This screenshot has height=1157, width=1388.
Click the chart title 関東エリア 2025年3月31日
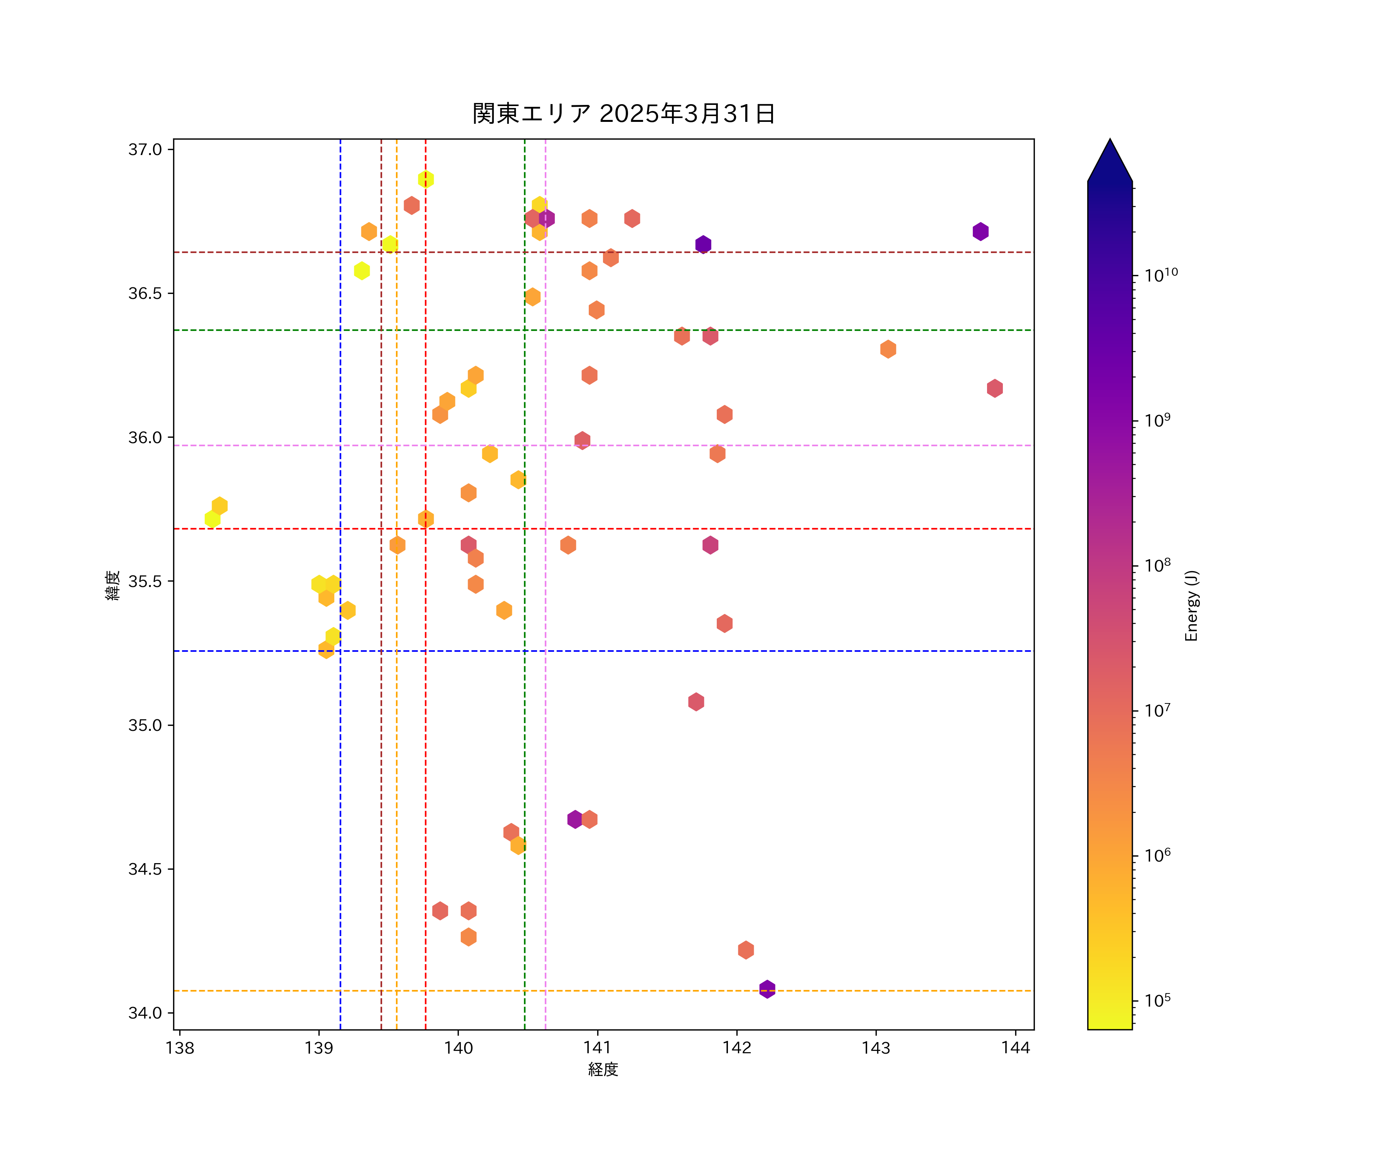(x=623, y=114)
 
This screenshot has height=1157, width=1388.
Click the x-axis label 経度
(x=603, y=1069)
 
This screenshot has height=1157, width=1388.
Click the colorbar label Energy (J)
(x=1191, y=605)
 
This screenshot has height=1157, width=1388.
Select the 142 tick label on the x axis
(x=737, y=1048)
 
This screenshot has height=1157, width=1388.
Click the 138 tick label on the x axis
(x=180, y=1048)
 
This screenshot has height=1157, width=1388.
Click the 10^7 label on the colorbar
(x=1157, y=711)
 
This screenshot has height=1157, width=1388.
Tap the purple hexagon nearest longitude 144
(x=980, y=231)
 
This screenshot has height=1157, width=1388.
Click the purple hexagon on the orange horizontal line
(x=767, y=989)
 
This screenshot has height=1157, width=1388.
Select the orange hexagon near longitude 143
(x=888, y=349)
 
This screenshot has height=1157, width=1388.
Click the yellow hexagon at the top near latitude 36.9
(x=426, y=179)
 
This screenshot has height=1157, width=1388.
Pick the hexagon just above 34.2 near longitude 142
(x=746, y=950)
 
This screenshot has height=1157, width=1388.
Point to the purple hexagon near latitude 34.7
(x=575, y=819)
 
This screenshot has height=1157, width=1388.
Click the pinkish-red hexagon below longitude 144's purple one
(x=995, y=388)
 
